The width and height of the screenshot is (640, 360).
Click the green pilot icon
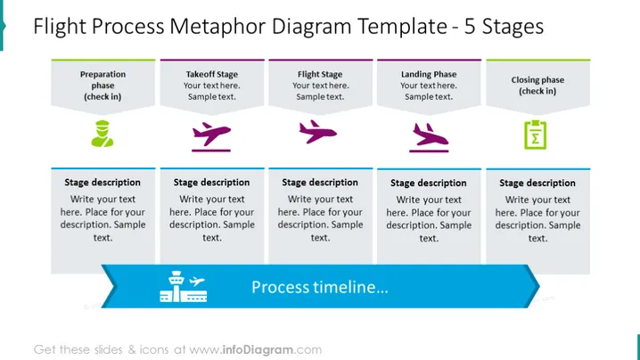(103, 134)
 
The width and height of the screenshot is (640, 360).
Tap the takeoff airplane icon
(211, 136)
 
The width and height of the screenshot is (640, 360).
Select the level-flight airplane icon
(317, 131)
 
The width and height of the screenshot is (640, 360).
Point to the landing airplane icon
(429, 137)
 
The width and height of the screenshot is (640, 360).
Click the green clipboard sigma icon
(536, 135)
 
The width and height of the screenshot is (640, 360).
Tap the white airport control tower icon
(184, 287)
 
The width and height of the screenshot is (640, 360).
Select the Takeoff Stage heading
(212, 74)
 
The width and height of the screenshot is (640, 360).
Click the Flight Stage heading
(320, 74)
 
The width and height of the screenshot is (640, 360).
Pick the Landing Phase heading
(429, 74)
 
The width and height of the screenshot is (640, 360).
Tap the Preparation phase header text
(103, 86)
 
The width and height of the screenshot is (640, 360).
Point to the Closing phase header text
(537, 86)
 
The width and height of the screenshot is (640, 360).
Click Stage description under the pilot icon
(103, 183)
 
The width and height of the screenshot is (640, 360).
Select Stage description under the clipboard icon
(537, 184)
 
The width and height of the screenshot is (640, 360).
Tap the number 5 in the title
(470, 27)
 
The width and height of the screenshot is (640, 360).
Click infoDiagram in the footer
(258, 350)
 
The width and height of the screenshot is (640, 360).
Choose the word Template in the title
(402, 27)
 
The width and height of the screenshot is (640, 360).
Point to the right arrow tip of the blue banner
(539, 287)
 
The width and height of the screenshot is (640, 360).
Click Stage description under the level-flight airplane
(320, 183)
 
